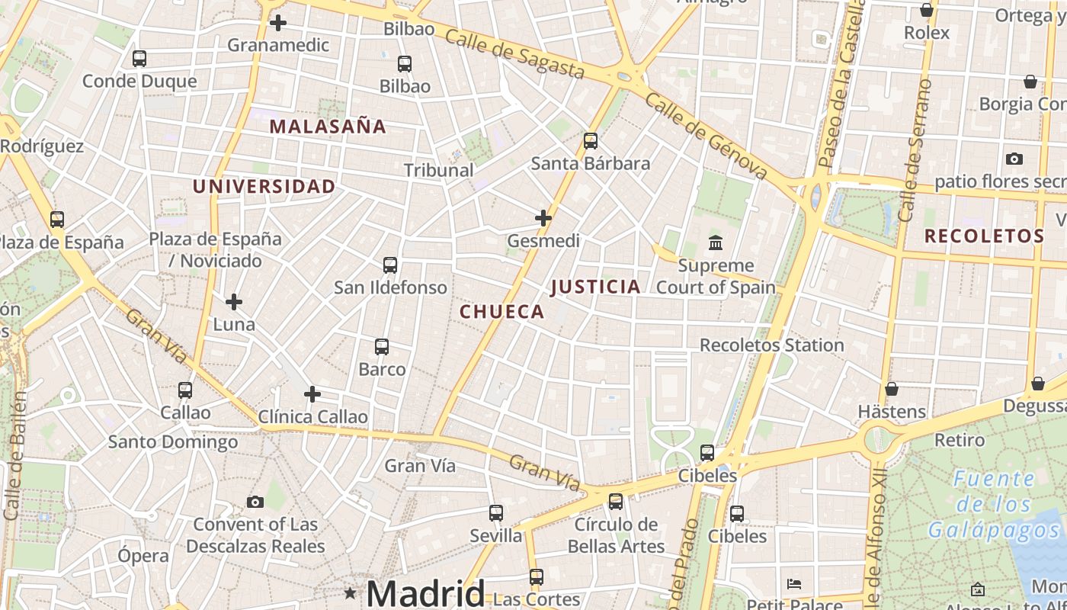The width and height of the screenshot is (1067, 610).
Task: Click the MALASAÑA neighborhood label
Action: [x=328, y=127]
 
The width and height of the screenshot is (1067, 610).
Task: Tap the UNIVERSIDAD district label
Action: [x=264, y=187]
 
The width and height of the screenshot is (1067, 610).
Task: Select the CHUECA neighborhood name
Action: [x=501, y=311]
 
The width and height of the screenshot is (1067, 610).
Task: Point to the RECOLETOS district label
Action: [x=984, y=236]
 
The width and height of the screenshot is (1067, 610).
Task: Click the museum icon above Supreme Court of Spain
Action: [x=716, y=243]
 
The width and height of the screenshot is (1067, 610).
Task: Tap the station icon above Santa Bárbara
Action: [x=591, y=141]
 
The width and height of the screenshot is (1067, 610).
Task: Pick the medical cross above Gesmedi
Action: [x=543, y=219]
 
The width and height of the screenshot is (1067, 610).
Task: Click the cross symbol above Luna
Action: [x=234, y=302]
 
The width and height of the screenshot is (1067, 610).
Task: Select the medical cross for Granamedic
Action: [x=278, y=23]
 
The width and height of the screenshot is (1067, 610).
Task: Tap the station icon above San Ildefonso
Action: [x=390, y=265]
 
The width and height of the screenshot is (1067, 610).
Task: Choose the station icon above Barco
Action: [x=382, y=347]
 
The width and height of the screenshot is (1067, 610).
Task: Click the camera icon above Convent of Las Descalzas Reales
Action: [x=255, y=502]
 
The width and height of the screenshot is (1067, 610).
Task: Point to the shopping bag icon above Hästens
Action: [x=892, y=390]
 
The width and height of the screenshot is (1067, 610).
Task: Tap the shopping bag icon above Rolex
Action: [x=927, y=11]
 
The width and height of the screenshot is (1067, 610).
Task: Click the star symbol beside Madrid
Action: [x=350, y=592]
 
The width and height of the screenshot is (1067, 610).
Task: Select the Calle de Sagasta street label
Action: [x=514, y=53]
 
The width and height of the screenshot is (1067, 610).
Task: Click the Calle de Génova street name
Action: [x=705, y=136]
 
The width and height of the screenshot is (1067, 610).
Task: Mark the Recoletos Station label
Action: [x=771, y=345]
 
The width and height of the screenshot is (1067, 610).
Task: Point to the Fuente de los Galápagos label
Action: [x=994, y=504]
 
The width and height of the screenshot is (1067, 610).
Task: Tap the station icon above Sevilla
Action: [x=496, y=513]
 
